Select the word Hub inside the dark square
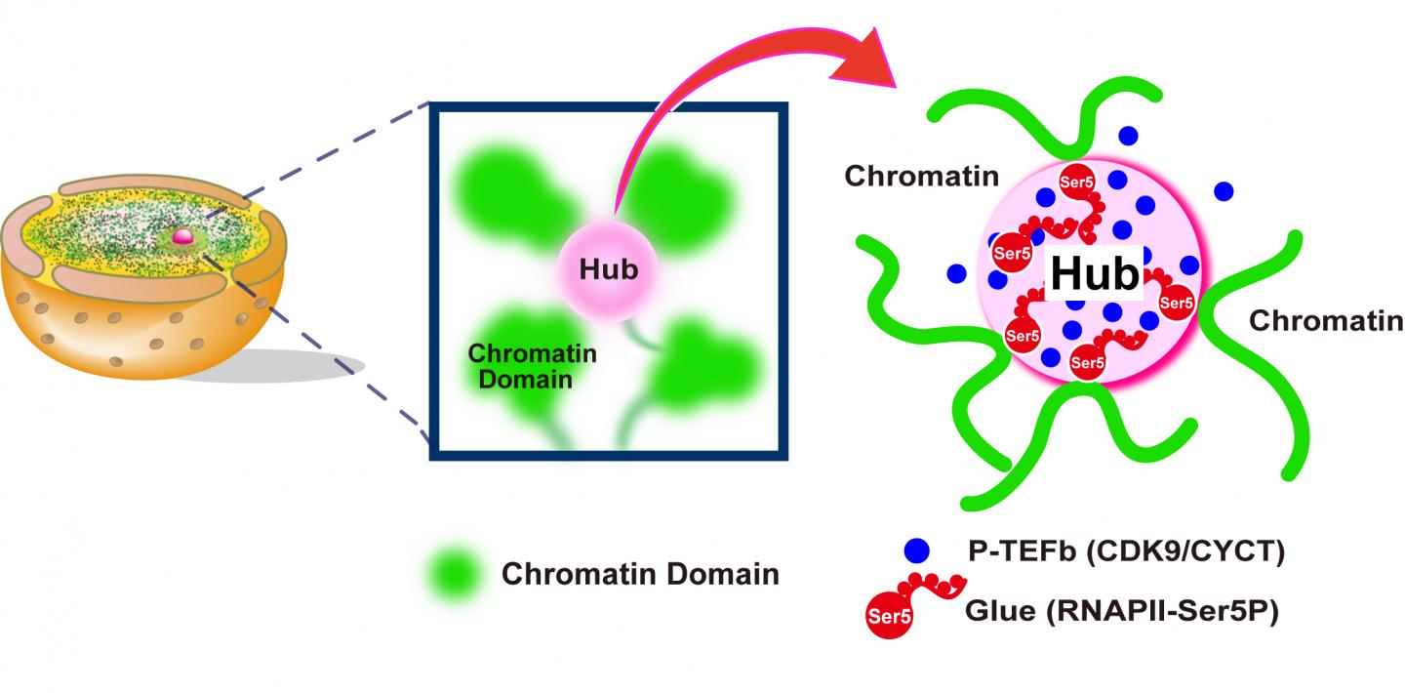tap(608, 269)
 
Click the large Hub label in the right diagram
tap(1094, 273)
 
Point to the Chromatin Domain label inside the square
tap(531, 366)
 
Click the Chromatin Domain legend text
tap(640, 574)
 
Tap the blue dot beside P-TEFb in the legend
tap(916, 550)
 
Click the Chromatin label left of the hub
tap(922, 177)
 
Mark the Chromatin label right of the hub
tap(1326, 320)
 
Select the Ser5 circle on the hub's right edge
tap(1177, 303)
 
